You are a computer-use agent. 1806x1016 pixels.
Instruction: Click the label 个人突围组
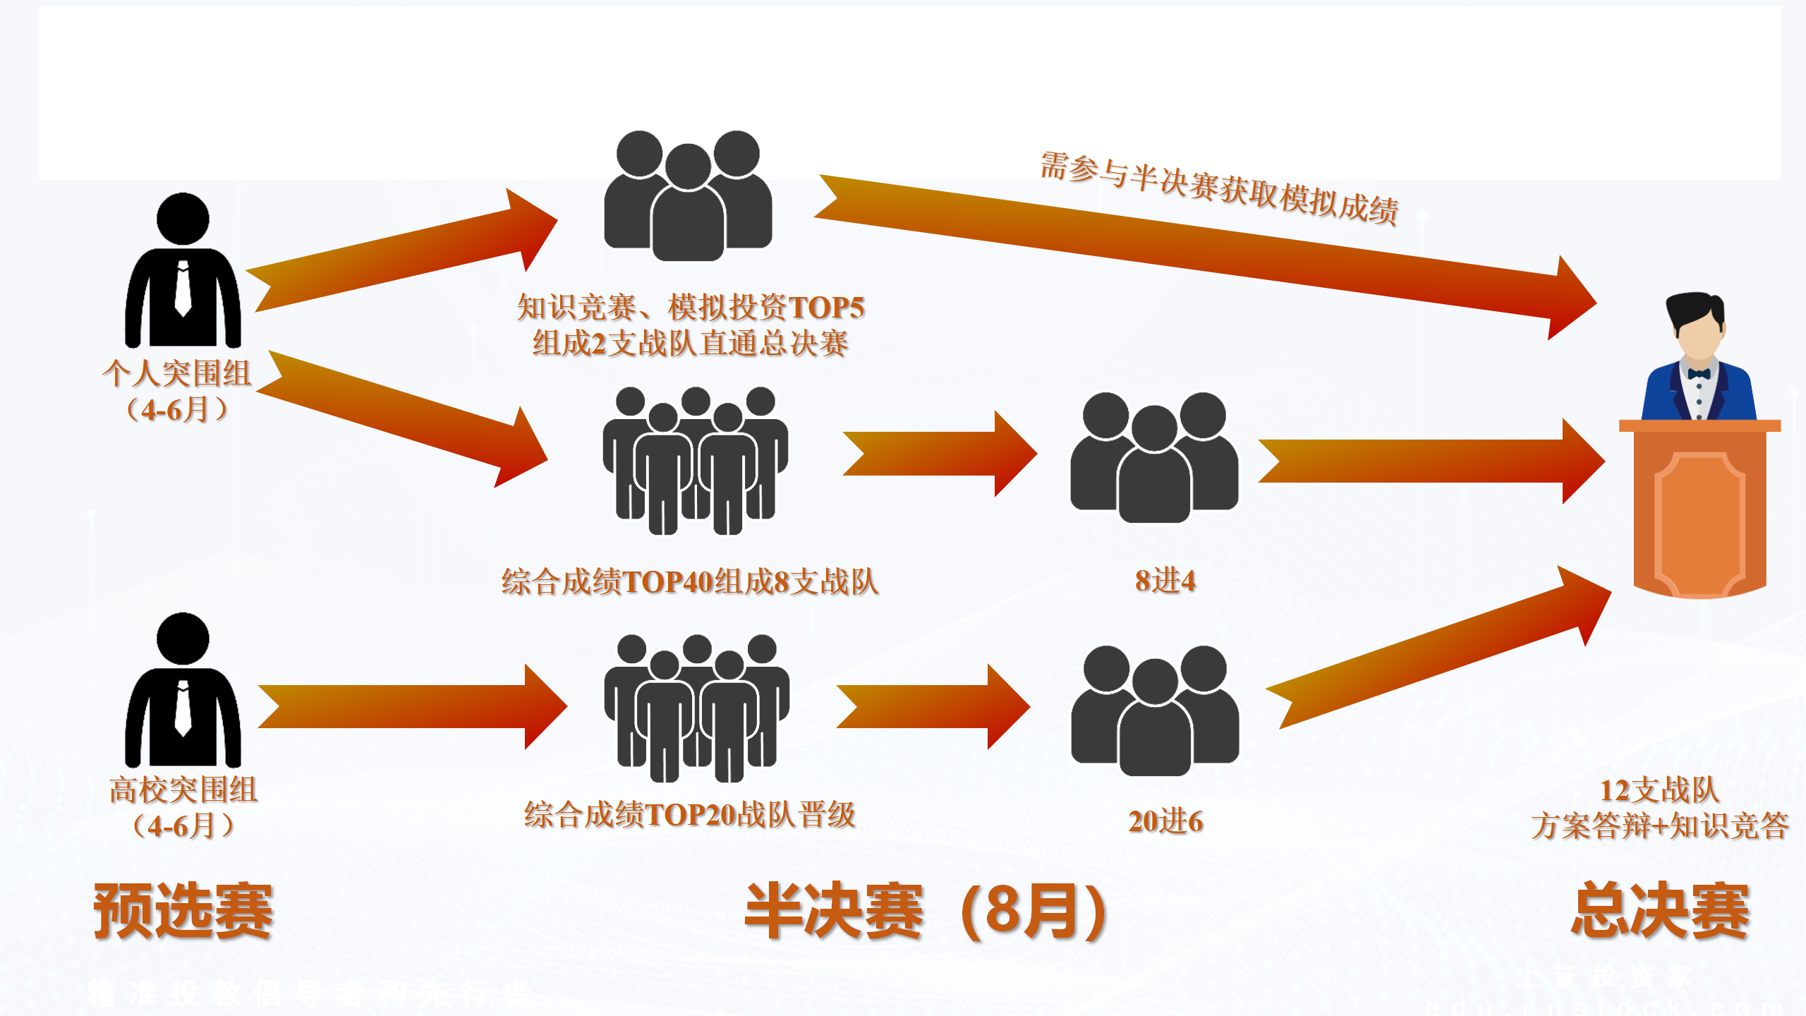[176, 373]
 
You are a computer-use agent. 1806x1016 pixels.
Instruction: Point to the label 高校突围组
[183, 790]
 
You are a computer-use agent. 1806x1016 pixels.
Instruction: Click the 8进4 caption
[1165, 581]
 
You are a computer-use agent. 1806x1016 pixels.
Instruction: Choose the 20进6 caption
[1165, 821]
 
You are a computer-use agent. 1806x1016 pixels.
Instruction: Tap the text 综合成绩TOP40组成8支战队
[689, 582]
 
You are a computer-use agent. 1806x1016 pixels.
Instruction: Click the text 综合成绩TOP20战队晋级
[689, 815]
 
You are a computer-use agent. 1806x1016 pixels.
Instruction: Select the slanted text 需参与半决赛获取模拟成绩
[1218, 188]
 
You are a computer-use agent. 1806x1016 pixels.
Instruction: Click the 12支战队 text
[1659, 790]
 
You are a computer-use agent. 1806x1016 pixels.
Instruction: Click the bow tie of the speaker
[1699, 373]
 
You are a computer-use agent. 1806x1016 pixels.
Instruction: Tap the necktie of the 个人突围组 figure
[183, 289]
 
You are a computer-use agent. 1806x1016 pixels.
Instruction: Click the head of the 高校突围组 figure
[183, 639]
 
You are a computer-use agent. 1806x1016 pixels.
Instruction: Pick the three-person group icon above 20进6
[1155, 710]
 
